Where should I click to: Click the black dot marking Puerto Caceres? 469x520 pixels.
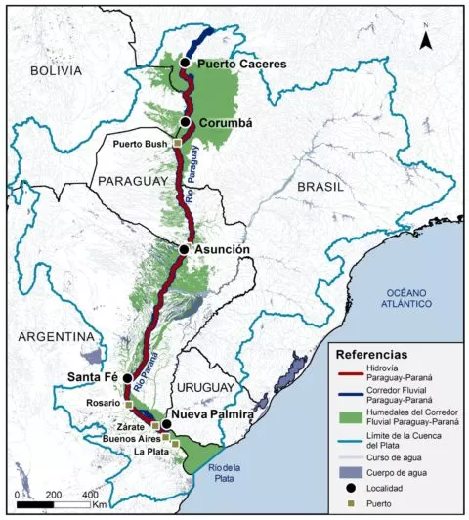point(185,63)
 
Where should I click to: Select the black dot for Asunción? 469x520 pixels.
point(184,249)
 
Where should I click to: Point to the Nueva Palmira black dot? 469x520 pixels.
point(167,424)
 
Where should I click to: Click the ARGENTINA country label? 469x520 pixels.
point(44,336)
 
